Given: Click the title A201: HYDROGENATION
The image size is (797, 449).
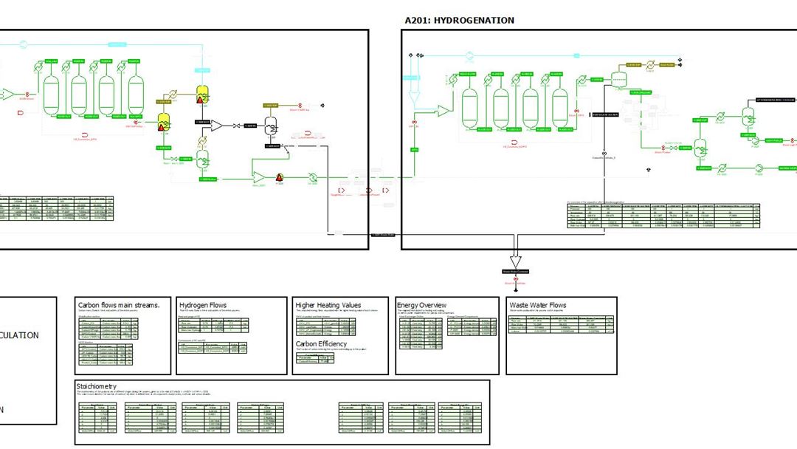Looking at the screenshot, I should pyautogui.click(x=460, y=21).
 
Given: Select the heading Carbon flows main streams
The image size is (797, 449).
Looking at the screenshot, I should pyautogui.click(x=119, y=305).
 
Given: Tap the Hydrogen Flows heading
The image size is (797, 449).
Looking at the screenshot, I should pyautogui.click(x=203, y=305).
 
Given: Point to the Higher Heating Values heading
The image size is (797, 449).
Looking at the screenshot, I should pyautogui.click(x=328, y=305).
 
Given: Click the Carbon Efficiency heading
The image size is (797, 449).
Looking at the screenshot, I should pyautogui.click(x=322, y=343).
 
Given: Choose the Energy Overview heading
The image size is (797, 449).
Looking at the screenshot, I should pyautogui.click(x=422, y=305).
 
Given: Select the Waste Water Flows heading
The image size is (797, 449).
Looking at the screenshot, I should pyautogui.click(x=538, y=305).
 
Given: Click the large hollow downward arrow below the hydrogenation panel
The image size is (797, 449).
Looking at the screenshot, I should pyautogui.click(x=516, y=261).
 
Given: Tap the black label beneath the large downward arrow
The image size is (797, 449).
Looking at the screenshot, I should pyautogui.click(x=516, y=272).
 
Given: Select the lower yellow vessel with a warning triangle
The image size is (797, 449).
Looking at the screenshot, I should pyautogui.click(x=165, y=121).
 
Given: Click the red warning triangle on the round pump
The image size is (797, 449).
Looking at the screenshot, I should pyautogui.click(x=280, y=176).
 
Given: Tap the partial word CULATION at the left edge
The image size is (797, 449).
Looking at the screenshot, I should pyautogui.click(x=20, y=335).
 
